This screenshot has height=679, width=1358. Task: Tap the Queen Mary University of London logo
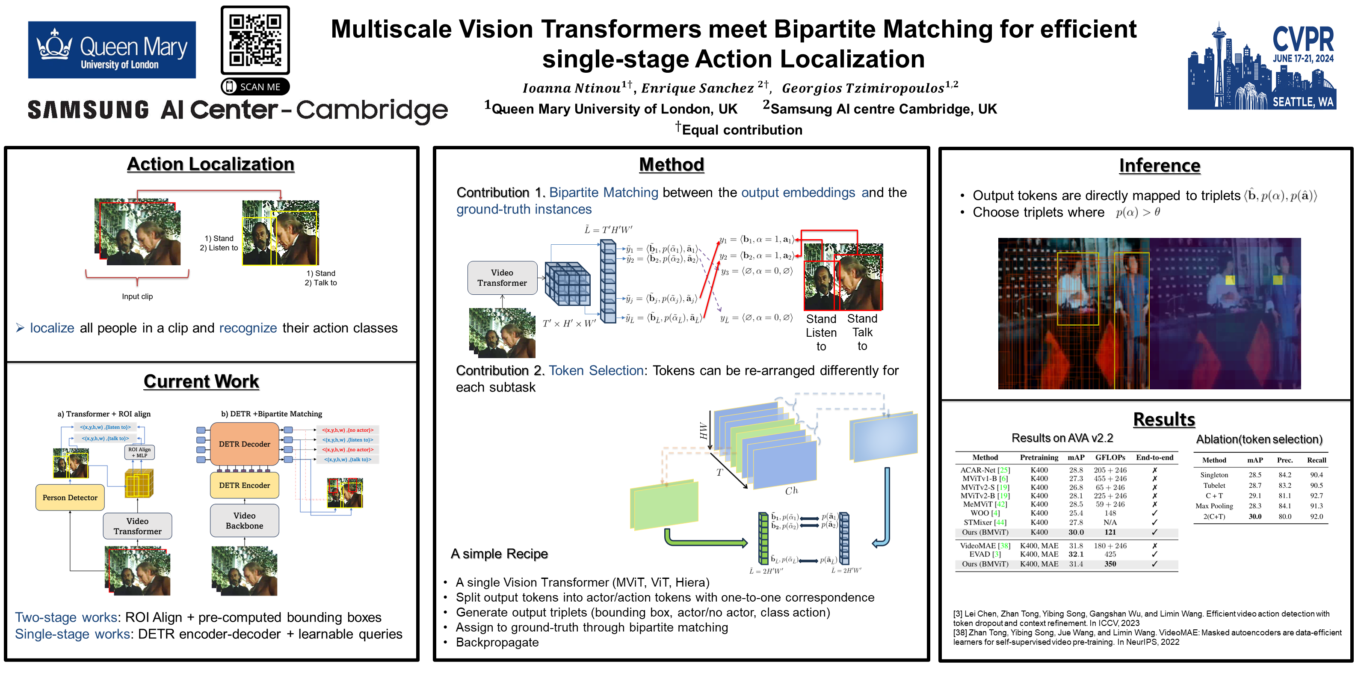[x=112, y=50]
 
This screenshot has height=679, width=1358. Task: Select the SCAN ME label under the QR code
[x=255, y=86]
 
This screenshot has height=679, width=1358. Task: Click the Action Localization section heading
[x=210, y=164]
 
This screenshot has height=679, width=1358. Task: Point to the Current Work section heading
[x=201, y=381]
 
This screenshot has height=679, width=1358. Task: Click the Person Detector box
[x=70, y=498]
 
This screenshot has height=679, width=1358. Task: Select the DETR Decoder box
[x=245, y=444]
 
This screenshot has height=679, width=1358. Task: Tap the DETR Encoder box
[x=245, y=485]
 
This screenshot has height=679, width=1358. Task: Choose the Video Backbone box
[x=245, y=520]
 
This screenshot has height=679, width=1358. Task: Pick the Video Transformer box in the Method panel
[x=502, y=278]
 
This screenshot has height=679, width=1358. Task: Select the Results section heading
[x=1164, y=420]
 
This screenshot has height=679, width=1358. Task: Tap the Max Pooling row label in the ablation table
[x=1214, y=506]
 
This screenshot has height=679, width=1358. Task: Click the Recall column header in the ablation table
[x=1317, y=460]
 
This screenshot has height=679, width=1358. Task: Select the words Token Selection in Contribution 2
[x=596, y=371]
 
